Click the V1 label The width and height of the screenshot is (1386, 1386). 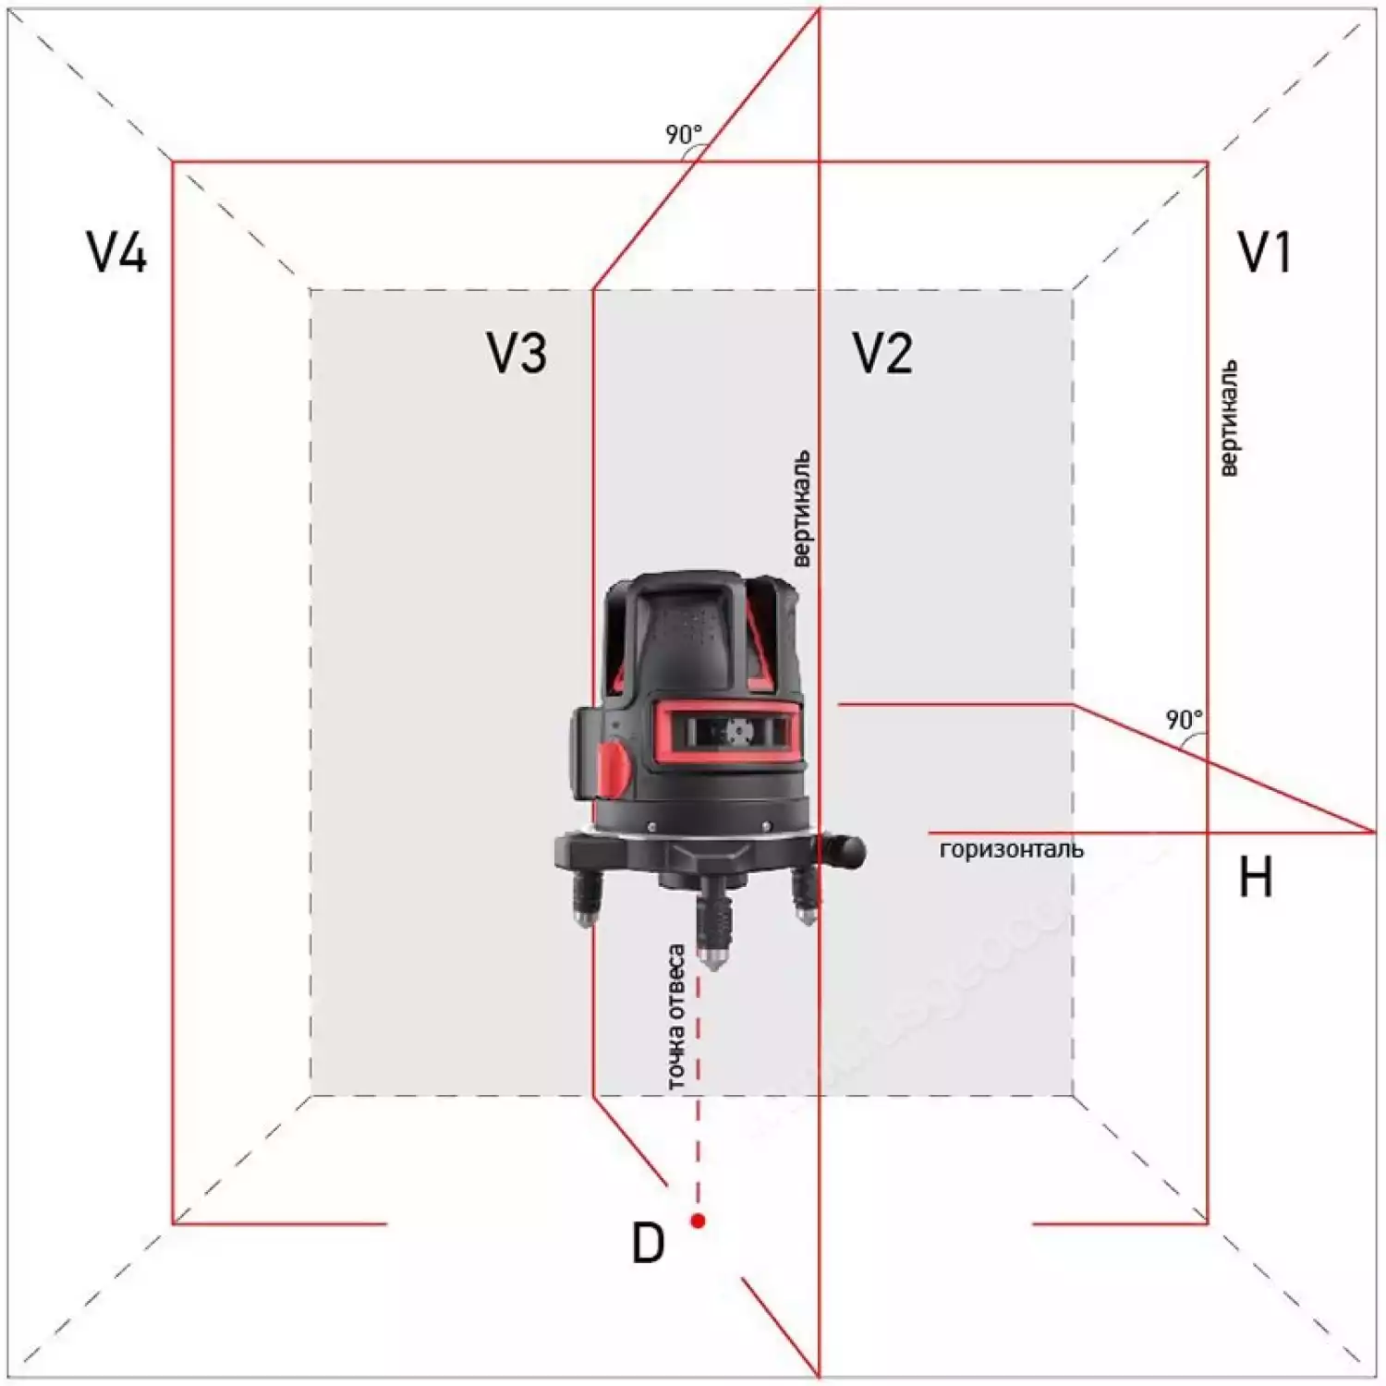pyautogui.click(x=1264, y=252)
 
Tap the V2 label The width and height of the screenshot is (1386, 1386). pyautogui.click(x=882, y=353)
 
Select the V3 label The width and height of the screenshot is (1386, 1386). pyautogui.click(x=517, y=353)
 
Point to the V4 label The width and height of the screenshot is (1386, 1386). pyautogui.click(x=116, y=252)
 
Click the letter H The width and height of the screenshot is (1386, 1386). pyautogui.click(x=1255, y=877)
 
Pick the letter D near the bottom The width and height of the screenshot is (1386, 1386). pyautogui.click(x=648, y=1244)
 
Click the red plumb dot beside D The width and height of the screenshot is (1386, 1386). pyautogui.click(x=698, y=1221)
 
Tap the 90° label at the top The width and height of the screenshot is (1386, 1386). pyautogui.click(x=684, y=135)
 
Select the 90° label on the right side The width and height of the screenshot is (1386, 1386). pyautogui.click(x=1184, y=719)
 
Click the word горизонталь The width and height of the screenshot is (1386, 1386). pyautogui.click(x=1011, y=849)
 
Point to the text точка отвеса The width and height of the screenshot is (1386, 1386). pyautogui.click(x=676, y=1016)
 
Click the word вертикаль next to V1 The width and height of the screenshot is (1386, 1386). pyautogui.click(x=1228, y=419)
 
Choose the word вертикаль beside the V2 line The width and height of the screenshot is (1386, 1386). pyautogui.click(x=802, y=508)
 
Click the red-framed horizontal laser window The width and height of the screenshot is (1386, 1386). pyautogui.click(x=729, y=732)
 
